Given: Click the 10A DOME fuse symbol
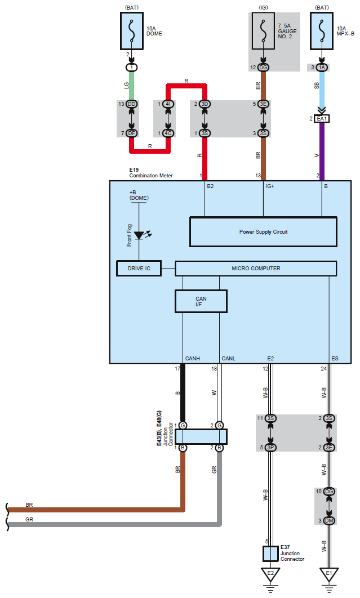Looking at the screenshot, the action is (132, 31).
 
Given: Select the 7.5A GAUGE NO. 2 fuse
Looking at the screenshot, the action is (263, 31).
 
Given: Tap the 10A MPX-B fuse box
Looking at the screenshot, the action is (322, 31).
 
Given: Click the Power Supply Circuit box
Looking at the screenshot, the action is (264, 232).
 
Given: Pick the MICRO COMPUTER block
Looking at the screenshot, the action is (256, 269).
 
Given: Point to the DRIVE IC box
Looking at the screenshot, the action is (139, 269).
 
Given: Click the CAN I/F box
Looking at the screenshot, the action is (201, 301).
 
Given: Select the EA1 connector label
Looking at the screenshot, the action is (322, 119).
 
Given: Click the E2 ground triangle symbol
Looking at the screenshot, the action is (270, 574).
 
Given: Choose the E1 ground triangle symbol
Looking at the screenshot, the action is (328, 574).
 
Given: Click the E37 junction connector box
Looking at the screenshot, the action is (270, 554).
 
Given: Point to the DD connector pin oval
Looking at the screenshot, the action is (132, 104).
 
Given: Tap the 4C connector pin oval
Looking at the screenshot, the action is (168, 133).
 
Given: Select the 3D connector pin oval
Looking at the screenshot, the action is (205, 104).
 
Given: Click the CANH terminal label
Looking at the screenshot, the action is (193, 359).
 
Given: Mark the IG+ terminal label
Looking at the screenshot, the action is (270, 186).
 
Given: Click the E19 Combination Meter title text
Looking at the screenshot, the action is (151, 173).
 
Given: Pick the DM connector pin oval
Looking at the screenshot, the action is (328, 521).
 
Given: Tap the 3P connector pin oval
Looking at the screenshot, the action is (270, 447).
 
